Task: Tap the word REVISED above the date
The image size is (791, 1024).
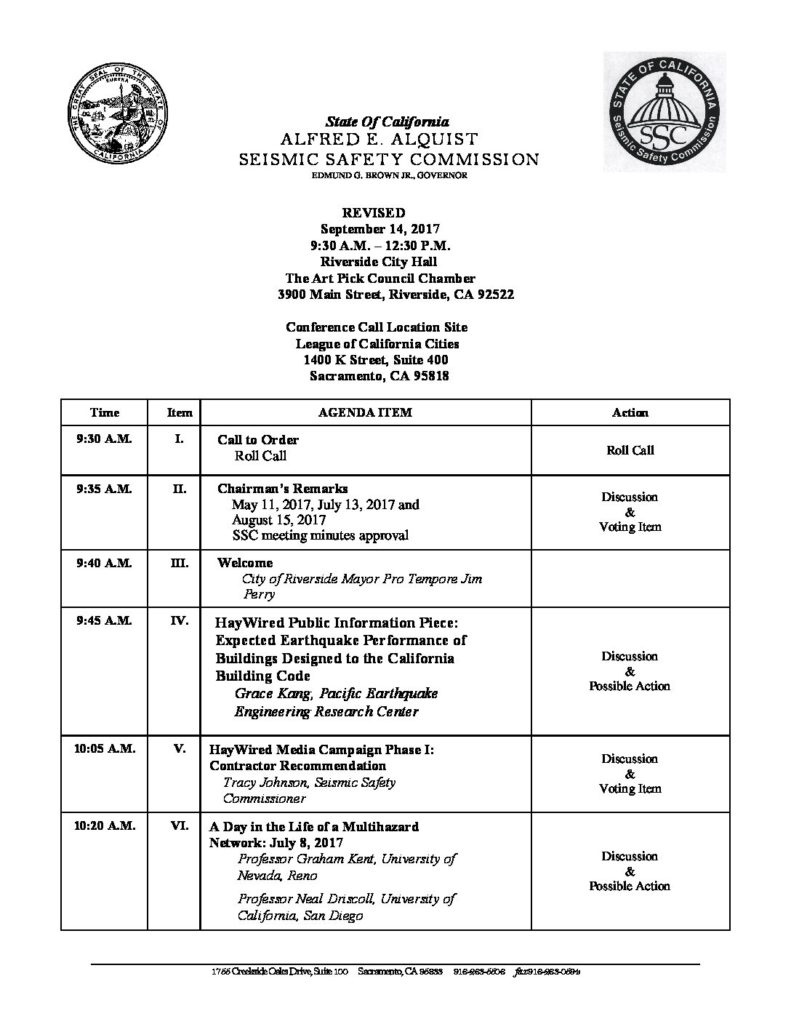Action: (x=374, y=213)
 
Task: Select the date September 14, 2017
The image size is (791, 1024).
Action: (x=374, y=229)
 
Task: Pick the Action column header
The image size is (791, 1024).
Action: (x=629, y=412)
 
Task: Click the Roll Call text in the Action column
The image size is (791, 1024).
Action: (x=629, y=450)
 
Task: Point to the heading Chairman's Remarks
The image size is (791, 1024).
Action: (x=282, y=489)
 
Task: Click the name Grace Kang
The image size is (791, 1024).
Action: (x=267, y=693)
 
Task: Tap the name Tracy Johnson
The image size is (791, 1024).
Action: (x=262, y=783)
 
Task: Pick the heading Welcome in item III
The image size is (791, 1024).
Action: (x=245, y=563)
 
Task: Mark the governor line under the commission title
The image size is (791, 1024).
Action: (x=374, y=176)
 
